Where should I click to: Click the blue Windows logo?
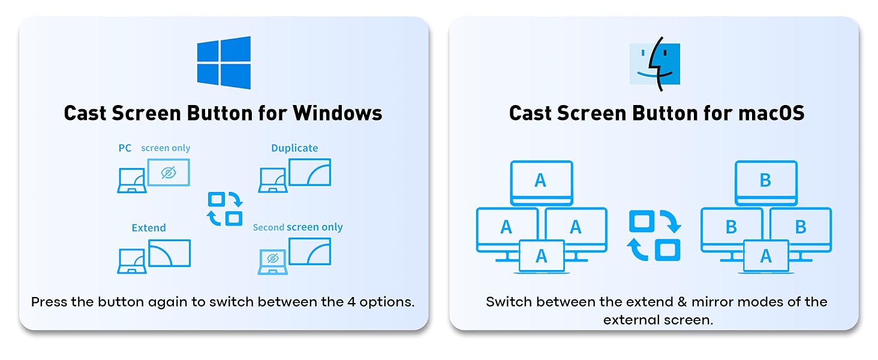pos(224,62)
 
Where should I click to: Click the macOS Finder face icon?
pos(654,64)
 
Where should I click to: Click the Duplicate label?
pos(294,148)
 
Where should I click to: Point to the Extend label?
pos(149,228)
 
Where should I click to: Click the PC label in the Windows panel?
pos(125,148)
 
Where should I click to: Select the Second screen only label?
pos(297,227)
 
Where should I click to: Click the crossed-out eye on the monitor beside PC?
pos(169,173)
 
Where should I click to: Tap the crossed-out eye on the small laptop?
pos(272,259)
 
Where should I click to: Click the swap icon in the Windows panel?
pos(225,209)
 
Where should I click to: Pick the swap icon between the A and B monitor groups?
pos(655,235)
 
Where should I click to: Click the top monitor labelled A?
pos(541,181)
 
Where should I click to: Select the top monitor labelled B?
pos(765,181)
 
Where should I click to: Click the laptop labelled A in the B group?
pos(766,256)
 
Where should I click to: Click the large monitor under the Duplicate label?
pos(309,172)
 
